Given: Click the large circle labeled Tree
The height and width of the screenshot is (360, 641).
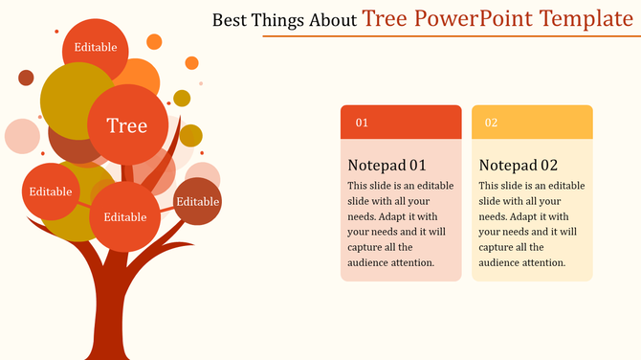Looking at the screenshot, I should coord(127,125).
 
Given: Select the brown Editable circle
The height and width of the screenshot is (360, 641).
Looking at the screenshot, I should coord(198,201).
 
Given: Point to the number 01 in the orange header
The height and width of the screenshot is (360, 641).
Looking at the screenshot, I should coord(363,123).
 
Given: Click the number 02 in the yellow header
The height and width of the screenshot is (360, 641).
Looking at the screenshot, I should coord(491,123).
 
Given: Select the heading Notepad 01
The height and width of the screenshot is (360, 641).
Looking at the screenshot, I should coord(387,164).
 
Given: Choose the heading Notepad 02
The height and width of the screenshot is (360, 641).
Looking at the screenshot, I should coord(518,164).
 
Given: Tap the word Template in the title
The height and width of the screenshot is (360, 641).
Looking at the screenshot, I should coord(586,18).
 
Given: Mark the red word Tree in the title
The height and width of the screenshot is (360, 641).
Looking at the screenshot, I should coord(387,18).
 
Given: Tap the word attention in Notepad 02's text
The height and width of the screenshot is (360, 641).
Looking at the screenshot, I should coord(542,262).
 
